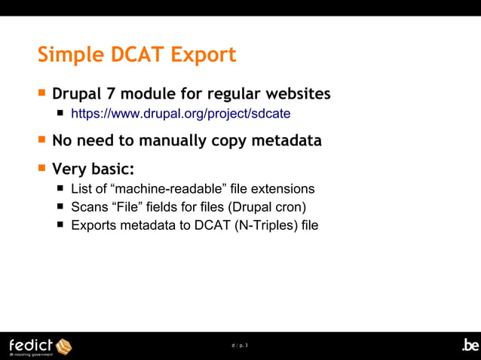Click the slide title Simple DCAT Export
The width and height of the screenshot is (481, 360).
point(136,55)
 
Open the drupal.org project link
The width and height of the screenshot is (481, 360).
point(180,114)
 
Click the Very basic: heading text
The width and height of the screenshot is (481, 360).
point(93,167)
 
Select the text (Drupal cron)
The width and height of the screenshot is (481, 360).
point(267,207)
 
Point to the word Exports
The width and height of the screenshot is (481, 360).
point(93,225)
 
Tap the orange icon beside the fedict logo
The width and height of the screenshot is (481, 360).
point(63,346)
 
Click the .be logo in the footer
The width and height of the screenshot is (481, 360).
point(470,345)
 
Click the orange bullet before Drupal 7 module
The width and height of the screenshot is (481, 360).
point(42,94)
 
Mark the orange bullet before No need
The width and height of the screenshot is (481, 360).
point(42,140)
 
